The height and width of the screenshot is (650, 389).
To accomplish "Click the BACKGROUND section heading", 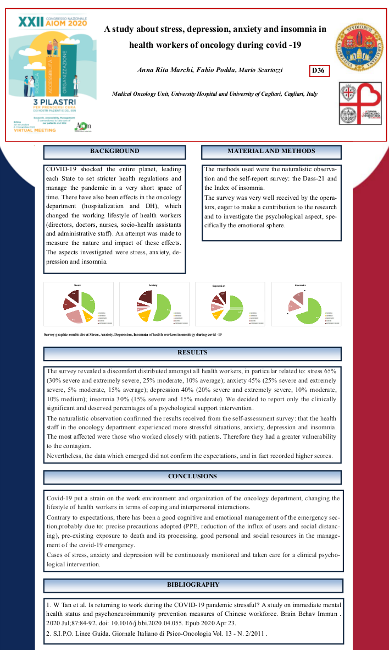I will [x=114, y=151].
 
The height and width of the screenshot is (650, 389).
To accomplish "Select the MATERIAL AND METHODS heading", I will [x=271, y=151].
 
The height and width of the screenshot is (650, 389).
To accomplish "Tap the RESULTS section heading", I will [x=192, y=353].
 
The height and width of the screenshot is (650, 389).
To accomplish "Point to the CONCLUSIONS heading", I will [x=192, y=477].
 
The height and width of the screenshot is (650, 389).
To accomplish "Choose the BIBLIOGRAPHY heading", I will [x=193, y=585].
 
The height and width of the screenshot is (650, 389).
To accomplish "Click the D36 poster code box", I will [x=319, y=71].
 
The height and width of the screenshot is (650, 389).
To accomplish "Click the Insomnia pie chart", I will [x=305, y=305].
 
